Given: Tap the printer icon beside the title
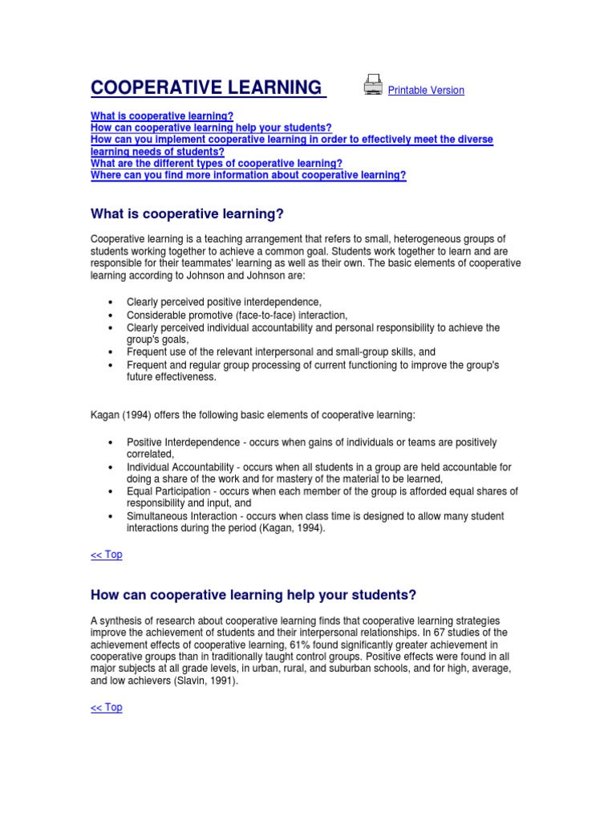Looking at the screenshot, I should click(373, 85).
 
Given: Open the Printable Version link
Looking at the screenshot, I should click(426, 91).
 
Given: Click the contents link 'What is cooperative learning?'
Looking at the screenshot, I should click(162, 116).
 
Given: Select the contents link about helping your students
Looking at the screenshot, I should click(211, 128).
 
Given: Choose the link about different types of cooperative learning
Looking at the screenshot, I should click(217, 164).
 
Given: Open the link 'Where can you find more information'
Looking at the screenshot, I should click(249, 176).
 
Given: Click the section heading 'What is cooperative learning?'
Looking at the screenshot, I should click(188, 214).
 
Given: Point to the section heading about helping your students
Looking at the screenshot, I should click(253, 595).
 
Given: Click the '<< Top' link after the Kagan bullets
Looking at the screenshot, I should click(107, 555).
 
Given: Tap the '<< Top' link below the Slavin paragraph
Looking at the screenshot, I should click(107, 707).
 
